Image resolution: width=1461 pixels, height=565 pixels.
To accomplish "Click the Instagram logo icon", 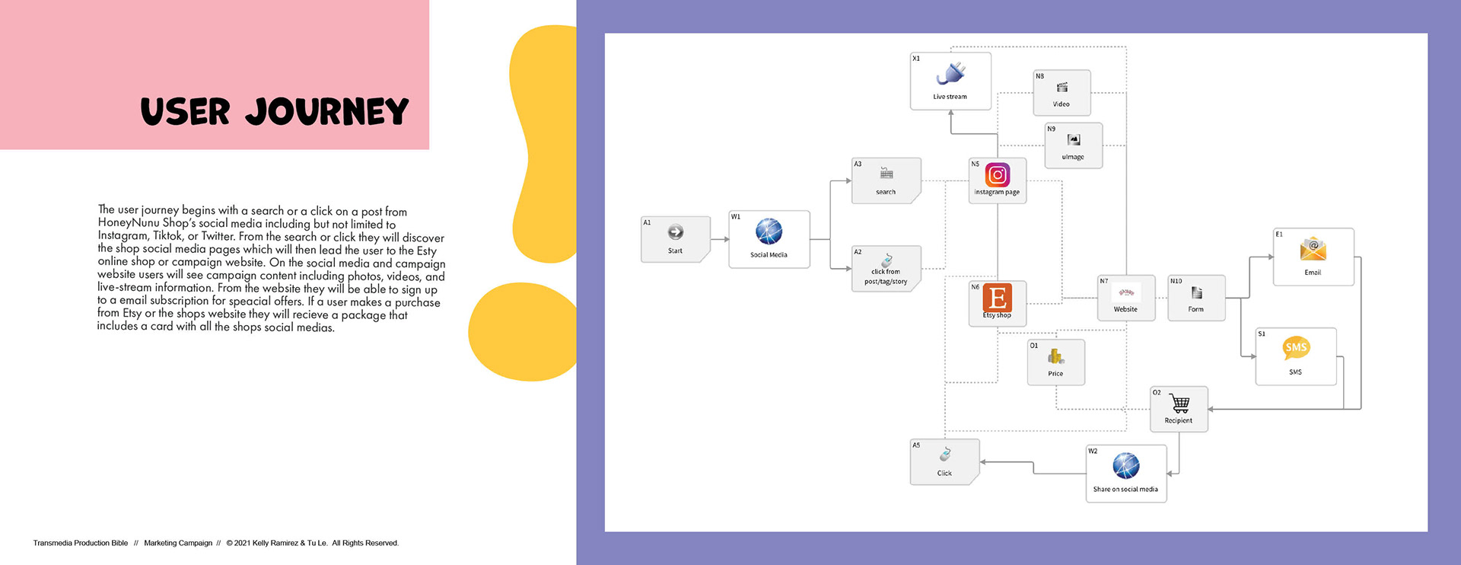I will [x=997, y=175].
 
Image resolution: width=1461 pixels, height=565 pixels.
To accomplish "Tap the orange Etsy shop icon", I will [x=997, y=297].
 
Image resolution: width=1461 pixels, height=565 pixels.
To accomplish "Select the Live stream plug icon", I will [x=951, y=74].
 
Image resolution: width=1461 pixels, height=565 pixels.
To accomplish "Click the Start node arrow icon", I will [x=675, y=232].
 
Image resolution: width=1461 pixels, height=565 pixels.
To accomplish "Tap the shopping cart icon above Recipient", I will [x=1179, y=403].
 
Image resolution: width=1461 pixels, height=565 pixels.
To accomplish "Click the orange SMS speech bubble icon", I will [x=1295, y=348].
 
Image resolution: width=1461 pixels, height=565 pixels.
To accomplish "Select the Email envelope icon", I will [x=1313, y=249].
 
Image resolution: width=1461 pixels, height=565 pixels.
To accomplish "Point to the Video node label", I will [x=1061, y=104].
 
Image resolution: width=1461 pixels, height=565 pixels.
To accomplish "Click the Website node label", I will [x=1125, y=309].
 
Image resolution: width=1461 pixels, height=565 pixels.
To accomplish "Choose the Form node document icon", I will [x=1196, y=292].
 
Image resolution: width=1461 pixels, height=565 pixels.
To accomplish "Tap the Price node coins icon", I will [x=1055, y=356].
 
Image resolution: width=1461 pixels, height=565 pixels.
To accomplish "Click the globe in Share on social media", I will [x=1125, y=465].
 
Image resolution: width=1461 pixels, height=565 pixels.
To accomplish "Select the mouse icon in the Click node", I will [x=944, y=455].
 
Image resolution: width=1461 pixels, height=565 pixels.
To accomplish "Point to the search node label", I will [x=886, y=192].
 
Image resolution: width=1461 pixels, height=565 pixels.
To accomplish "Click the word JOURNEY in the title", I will [x=326, y=112].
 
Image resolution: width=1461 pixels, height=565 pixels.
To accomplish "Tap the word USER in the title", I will [x=185, y=112].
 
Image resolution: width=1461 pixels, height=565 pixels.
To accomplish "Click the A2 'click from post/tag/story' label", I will [x=886, y=276].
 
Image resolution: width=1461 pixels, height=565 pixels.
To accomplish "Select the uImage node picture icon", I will [x=1073, y=140].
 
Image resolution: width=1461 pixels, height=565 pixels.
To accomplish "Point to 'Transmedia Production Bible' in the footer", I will [x=81, y=543].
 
